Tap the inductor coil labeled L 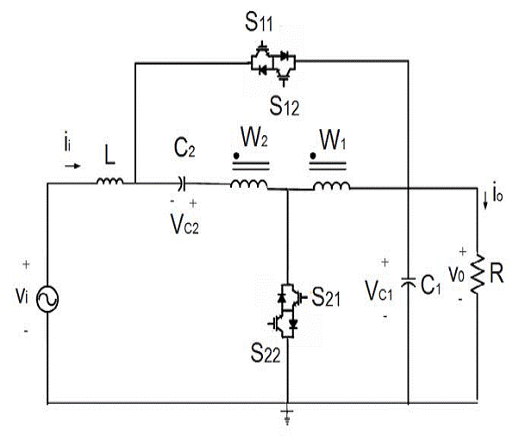(109, 182)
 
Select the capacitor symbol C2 (181, 183)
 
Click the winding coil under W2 (247, 184)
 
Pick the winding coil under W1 (330, 185)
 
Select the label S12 (284, 106)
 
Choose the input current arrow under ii (76, 158)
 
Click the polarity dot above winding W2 (234, 156)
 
